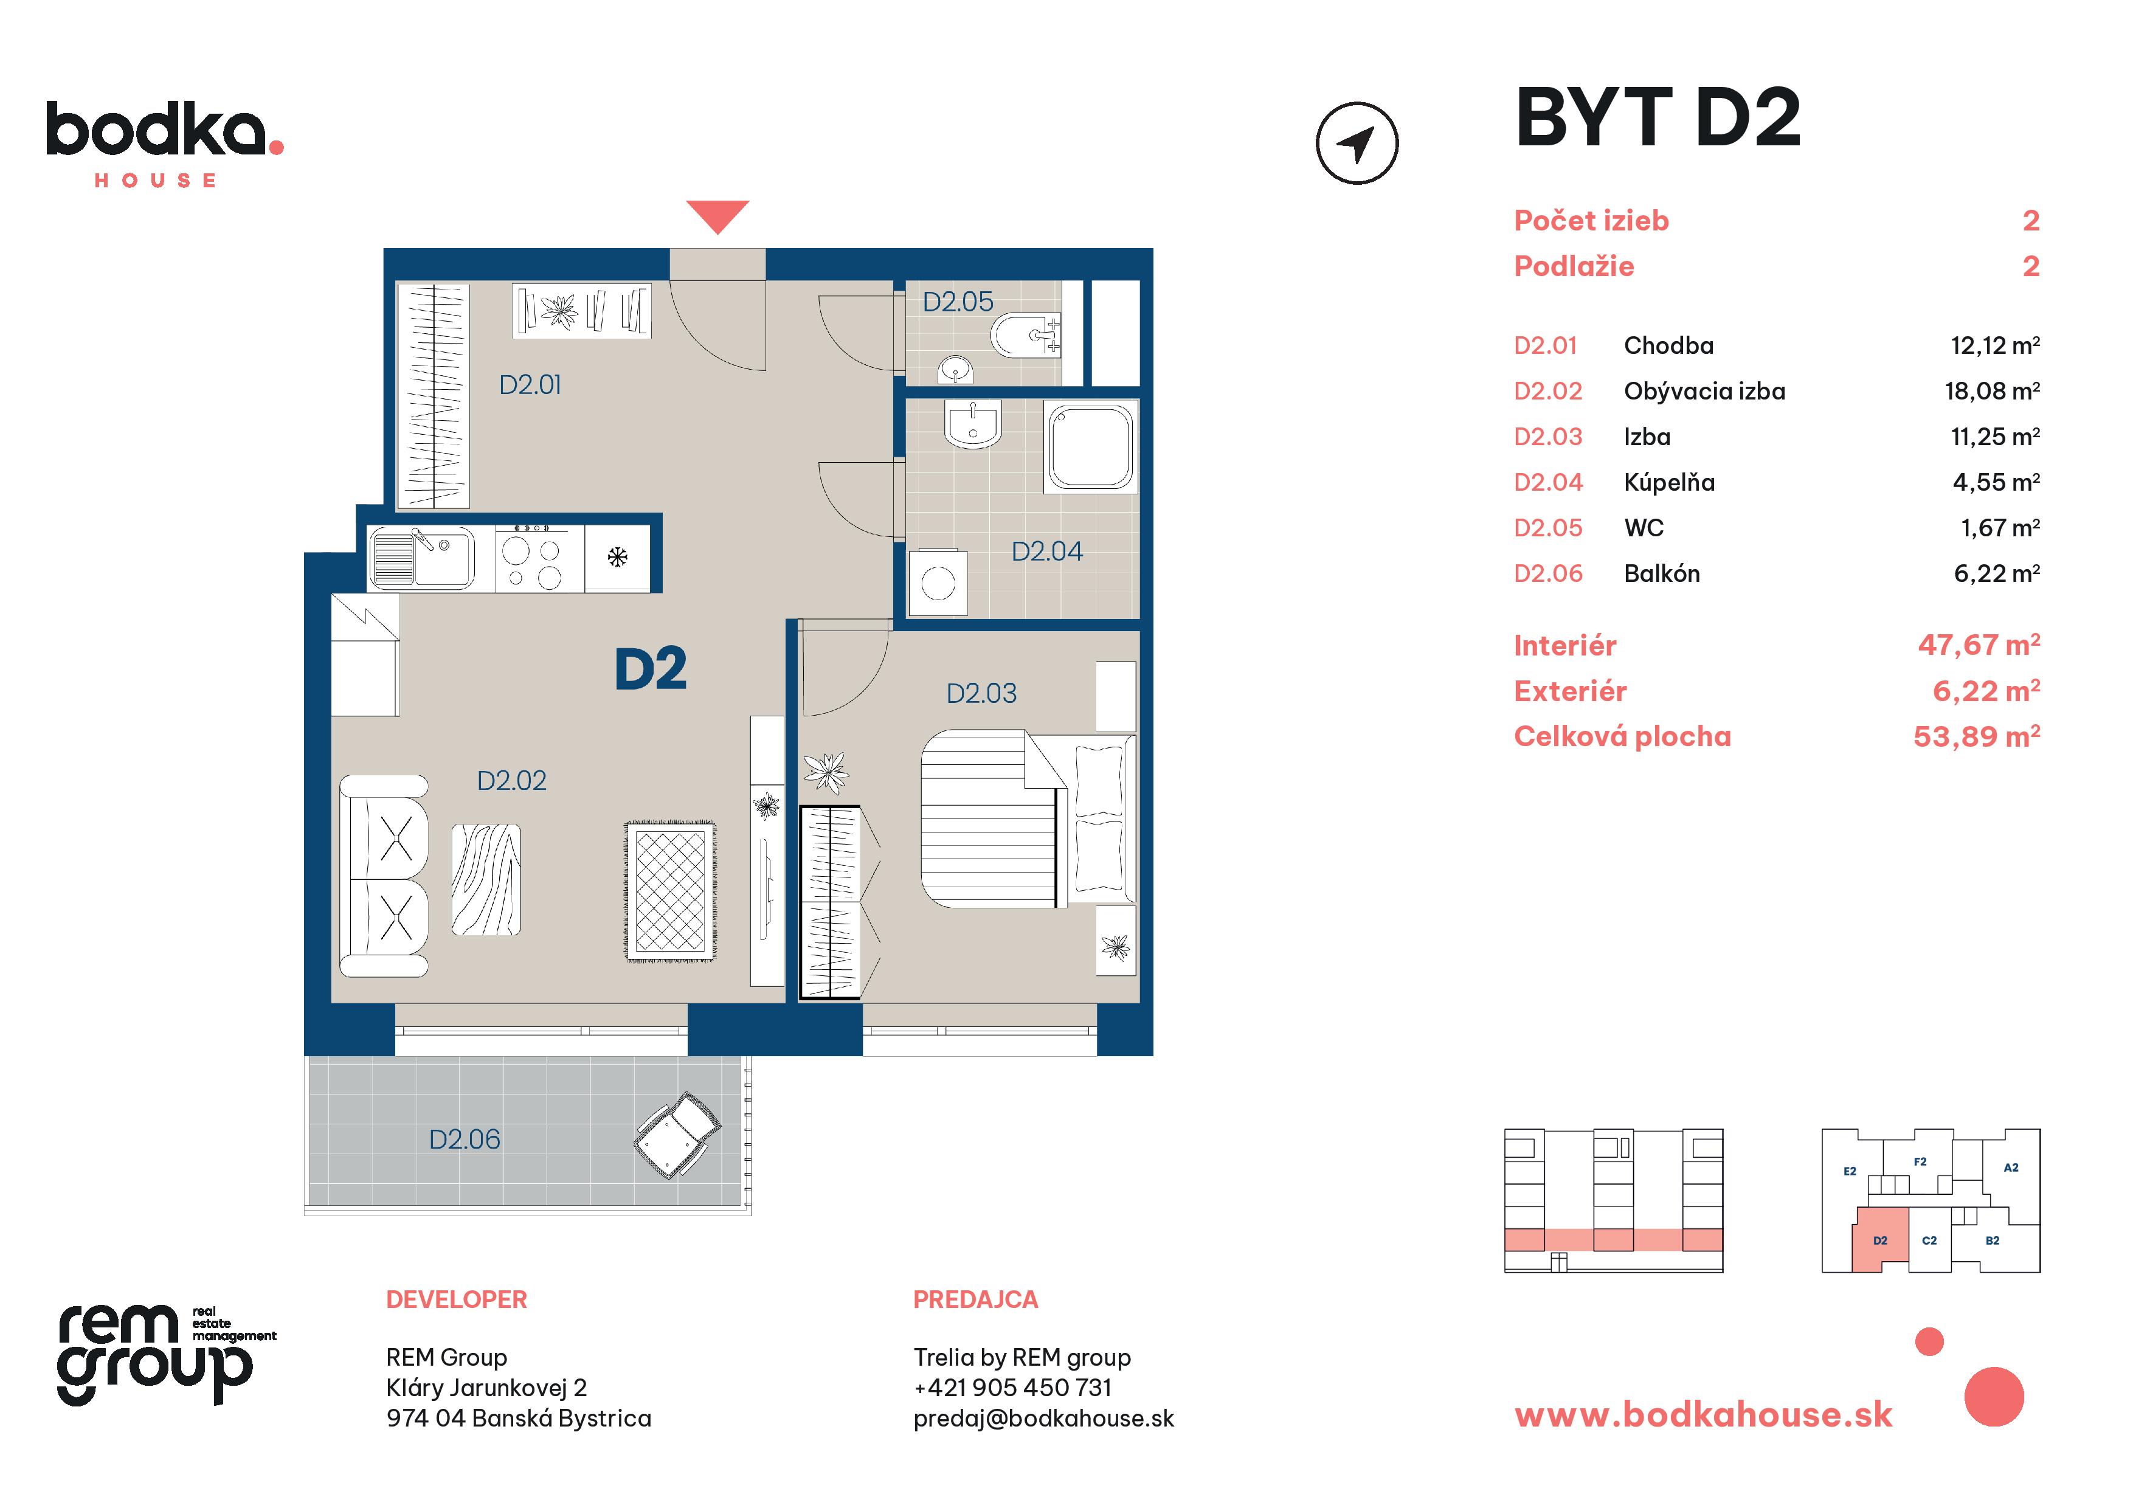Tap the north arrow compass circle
1357,143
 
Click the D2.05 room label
957,302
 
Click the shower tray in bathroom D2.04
1091,446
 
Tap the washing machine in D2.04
938,583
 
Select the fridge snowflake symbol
618,558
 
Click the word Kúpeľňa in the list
1670,482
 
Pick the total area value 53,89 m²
1976,737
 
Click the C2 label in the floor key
1929,1240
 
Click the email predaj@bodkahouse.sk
1043,1418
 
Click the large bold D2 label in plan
651,669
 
